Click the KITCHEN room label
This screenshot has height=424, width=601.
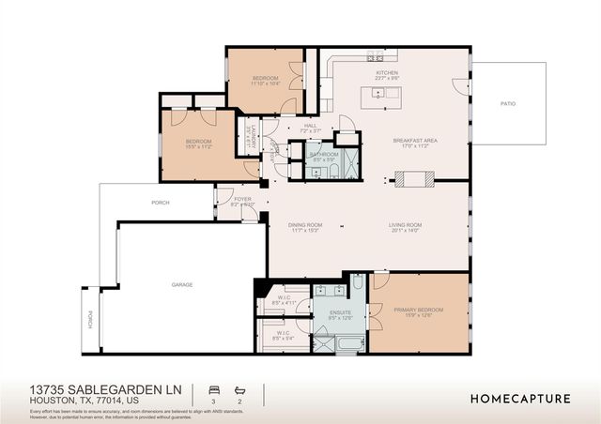(388, 72)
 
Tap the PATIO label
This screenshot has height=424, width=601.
(507, 104)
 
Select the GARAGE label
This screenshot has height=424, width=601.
(181, 283)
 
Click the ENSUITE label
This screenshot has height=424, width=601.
(339, 312)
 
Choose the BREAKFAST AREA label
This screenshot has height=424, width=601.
(416, 141)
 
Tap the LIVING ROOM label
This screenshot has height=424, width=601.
(406, 225)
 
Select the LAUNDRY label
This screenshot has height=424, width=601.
(254, 135)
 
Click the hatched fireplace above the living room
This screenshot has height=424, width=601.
(413, 177)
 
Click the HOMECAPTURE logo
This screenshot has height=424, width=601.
(519, 398)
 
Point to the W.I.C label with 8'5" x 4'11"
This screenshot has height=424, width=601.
(284, 301)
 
